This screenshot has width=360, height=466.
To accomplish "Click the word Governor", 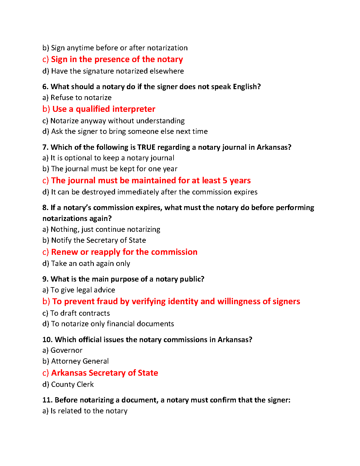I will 66,350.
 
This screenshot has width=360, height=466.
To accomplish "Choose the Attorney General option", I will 80,361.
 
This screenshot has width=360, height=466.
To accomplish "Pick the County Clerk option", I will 72,385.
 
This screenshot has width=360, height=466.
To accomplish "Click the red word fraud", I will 107,302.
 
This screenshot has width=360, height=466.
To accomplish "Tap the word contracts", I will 94,313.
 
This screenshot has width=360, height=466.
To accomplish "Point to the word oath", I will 86,264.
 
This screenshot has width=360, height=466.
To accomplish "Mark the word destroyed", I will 99,192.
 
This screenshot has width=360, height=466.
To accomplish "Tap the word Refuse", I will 60,98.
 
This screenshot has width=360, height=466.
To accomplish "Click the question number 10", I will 47,340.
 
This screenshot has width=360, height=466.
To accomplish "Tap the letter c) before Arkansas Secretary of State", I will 45,373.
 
